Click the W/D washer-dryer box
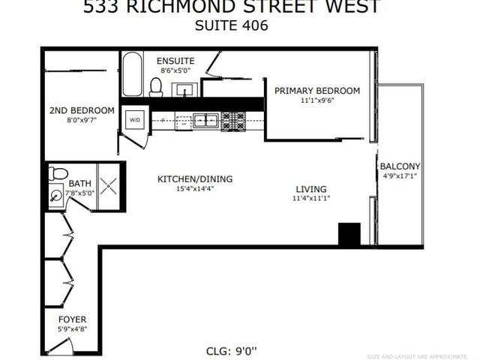[135, 119]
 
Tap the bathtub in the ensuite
[132, 74]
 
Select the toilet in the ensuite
[156, 87]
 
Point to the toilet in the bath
[58, 174]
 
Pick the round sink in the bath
[56, 196]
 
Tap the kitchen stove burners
[232, 119]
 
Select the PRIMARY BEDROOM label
[316, 91]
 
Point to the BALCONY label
[400, 166]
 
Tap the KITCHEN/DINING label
[194, 179]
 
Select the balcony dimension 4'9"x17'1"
[400, 176]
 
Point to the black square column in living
[349, 234]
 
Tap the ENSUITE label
[175, 61]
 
